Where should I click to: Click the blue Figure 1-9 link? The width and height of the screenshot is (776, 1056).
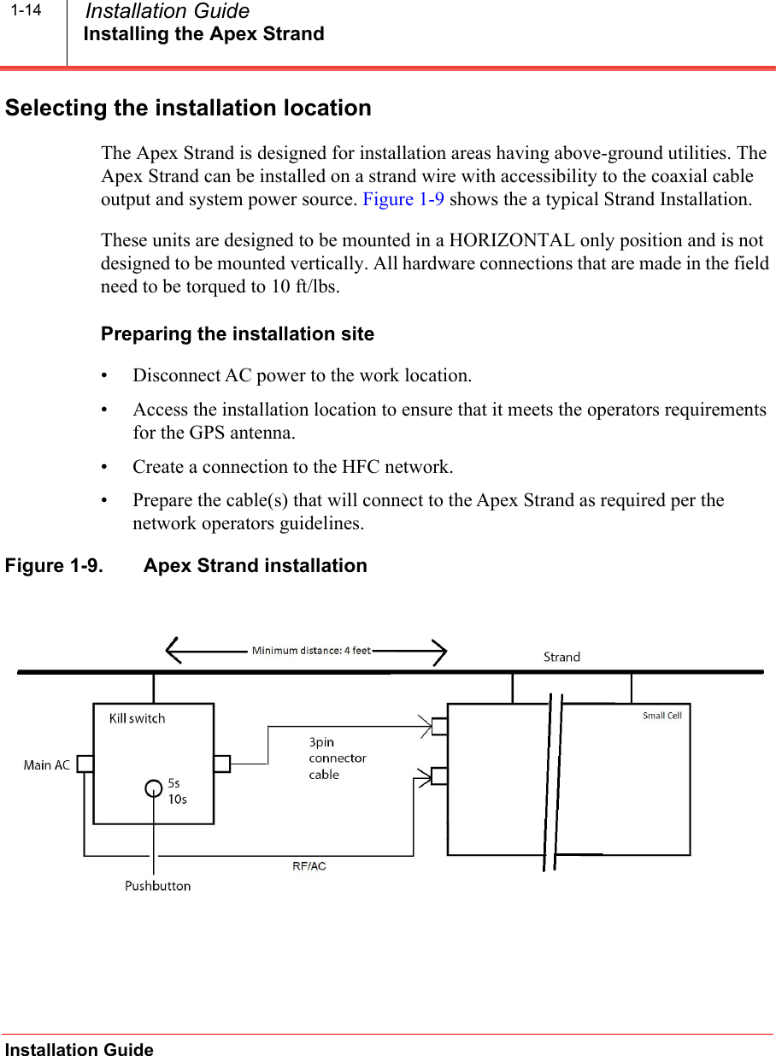403,199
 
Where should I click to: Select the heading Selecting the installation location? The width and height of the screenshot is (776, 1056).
188,109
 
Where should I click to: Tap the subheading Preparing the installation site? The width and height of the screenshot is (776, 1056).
238,333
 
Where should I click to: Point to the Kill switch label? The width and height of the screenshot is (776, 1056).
137,718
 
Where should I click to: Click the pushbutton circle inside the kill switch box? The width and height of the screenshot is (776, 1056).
153,788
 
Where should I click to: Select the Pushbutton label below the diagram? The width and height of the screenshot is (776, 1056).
157,886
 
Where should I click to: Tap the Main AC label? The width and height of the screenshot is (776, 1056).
47,765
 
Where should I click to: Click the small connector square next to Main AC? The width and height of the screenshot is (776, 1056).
85,764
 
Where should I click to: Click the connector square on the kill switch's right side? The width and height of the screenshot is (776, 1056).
222,764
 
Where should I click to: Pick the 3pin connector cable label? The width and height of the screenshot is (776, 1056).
337,758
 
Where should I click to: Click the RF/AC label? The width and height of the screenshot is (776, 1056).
309,866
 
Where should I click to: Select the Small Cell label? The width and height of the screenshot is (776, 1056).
661,716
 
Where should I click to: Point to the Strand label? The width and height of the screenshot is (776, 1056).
561,657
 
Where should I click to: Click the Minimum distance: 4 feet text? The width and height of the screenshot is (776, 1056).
311,651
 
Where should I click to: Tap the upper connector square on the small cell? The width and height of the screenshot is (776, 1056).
439,726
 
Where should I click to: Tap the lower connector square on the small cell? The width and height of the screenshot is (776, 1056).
439,776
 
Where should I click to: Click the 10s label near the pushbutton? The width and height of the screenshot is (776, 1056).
177,799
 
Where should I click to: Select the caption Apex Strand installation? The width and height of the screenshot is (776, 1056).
255,566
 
